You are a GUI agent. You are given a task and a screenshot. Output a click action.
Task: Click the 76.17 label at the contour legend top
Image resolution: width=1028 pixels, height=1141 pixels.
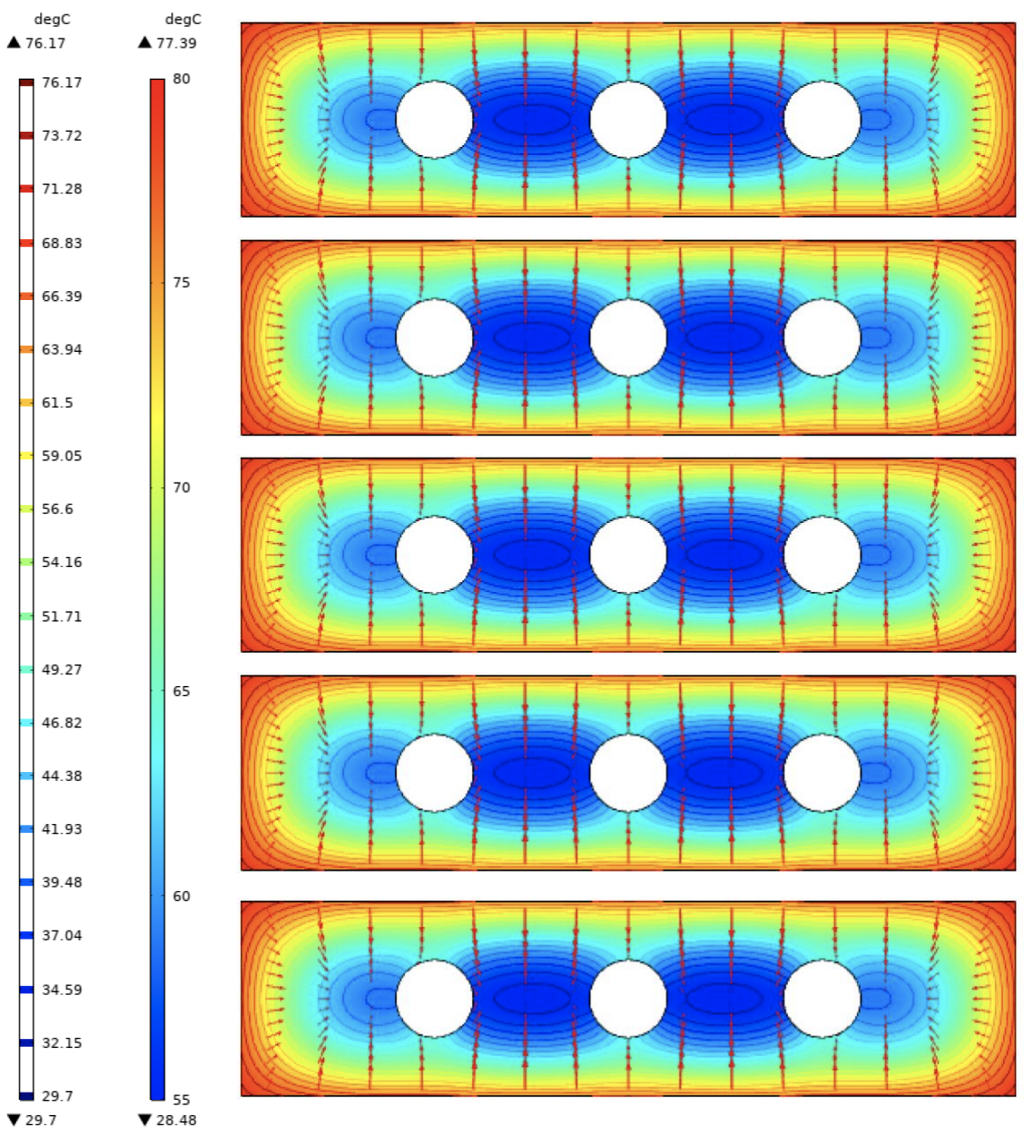coord(61,82)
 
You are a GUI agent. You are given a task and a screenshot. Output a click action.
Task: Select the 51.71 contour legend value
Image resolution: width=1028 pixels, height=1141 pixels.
coord(61,616)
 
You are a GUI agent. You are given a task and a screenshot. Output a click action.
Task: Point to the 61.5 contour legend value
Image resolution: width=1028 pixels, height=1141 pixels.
coord(57,403)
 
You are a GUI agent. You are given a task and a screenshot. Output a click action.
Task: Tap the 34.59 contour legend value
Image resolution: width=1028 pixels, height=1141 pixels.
coord(61,990)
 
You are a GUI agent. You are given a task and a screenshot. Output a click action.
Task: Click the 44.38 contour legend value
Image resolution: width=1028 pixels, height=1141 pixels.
coord(61,776)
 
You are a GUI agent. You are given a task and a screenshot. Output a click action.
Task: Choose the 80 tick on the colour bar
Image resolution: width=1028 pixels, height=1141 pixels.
coord(181,79)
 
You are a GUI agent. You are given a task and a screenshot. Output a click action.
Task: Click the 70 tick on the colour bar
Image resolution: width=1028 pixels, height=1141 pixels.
coord(181,487)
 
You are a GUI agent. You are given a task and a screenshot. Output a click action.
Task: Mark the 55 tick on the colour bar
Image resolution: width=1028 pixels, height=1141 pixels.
coord(181,1100)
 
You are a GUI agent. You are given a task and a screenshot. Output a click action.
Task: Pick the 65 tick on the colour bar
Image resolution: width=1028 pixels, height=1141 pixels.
coord(181,691)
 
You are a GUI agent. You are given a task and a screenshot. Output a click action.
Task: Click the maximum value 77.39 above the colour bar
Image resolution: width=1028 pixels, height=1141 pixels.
coord(176,43)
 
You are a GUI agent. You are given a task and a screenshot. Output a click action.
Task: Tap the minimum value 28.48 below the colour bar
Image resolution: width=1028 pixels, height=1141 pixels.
coord(176,1120)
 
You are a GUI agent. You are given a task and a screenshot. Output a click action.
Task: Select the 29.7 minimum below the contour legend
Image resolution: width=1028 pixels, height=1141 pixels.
coord(39,1120)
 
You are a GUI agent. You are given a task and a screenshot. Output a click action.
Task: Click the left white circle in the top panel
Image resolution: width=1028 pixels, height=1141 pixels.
coord(434,120)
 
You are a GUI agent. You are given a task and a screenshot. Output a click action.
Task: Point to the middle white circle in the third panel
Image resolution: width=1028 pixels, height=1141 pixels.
coord(629,554)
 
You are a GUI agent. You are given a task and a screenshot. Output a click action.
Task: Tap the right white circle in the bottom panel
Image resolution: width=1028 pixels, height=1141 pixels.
coord(822,999)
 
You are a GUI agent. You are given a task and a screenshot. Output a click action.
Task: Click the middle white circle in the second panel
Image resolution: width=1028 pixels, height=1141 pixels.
coord(629,338)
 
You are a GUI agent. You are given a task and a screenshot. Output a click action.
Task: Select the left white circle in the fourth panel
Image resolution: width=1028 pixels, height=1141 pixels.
coord(434,773)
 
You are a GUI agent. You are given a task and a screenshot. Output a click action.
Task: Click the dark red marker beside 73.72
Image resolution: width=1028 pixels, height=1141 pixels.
coord(26,136)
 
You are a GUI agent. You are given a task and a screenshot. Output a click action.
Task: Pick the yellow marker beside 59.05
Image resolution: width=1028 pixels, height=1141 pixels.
coord(26,456)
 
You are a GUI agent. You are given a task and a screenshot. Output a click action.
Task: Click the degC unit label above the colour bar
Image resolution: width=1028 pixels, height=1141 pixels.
coord(183,20)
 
